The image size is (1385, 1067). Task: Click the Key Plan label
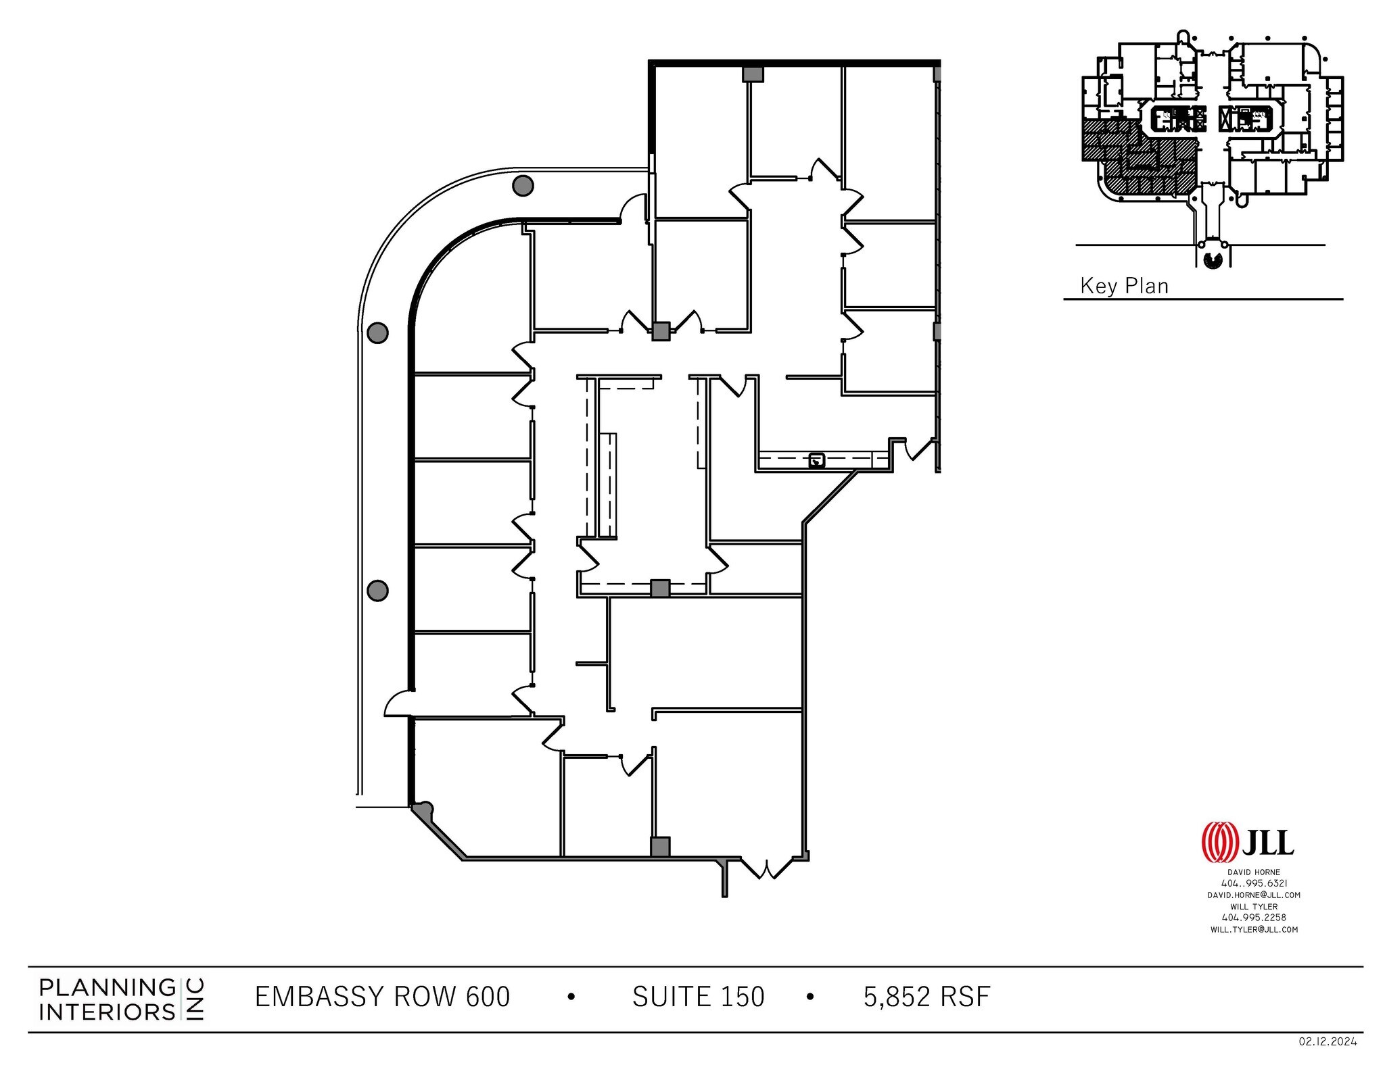tap(1123, 286)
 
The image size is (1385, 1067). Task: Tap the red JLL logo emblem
tap(1219, 843)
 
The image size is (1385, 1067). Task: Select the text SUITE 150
tap(698, 997)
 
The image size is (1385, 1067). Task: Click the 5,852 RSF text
tap(926, 997)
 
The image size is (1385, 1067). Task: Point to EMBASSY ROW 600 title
tap(382, 997)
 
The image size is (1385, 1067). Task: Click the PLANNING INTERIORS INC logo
tap(122, 999)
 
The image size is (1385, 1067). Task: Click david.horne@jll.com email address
tap(1253, 895)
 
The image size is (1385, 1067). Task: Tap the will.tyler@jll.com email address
tap(1253, 929)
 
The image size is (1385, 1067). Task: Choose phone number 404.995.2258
tap(1253, 918)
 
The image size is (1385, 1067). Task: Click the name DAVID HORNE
tap(1253, 872)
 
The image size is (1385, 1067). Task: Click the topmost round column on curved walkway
tap(523, 185)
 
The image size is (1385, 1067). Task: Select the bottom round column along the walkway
tap(377, 591)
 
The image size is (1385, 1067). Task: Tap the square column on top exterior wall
tap(753, 74)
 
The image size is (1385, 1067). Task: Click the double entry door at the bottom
tap(768, 868)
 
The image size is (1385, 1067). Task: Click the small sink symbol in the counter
tap(817, 461)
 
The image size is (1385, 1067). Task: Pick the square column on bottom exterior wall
tap(659, 847)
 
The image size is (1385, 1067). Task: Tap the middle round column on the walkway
tap(377, 332)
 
